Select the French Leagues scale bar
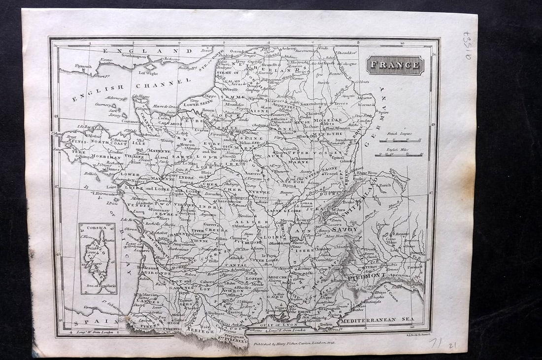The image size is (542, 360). tap(400, 140)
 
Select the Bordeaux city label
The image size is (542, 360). tap(147, 267)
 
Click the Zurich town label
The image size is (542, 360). tap(385, 185)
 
